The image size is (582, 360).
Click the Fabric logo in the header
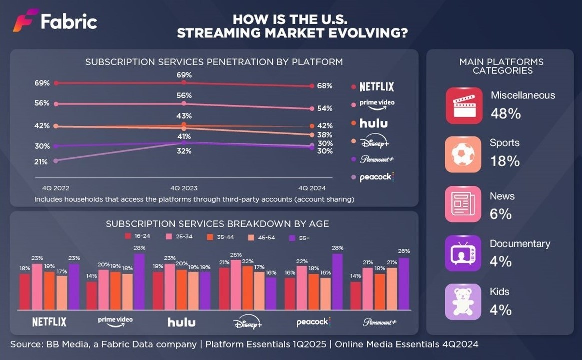click(55, 21)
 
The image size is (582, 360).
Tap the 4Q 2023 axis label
click(184, 188)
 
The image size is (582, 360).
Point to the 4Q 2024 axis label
click(312, 188)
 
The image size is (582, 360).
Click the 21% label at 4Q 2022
click(41, 162)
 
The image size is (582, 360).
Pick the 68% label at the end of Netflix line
click(324, 86)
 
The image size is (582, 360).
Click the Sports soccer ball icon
click(463, 154)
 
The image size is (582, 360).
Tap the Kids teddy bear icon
click(463, 301)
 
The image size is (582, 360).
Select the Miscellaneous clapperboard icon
click(463, 105)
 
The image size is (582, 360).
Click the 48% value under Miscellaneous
click(506, 114)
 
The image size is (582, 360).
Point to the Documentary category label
click(520, 244)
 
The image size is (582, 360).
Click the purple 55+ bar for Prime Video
click(139, 282)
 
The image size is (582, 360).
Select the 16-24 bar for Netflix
click(25, 292)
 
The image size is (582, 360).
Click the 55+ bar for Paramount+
click(403, 284)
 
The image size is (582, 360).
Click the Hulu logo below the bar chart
click(181, 322)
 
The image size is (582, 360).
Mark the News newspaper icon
click(463, 204)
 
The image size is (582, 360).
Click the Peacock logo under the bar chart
click(313, 322)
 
